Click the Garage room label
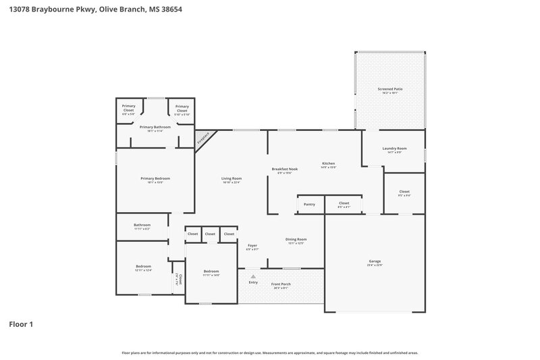[375, 261]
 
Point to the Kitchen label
[328, 163]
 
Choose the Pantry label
[309, 203]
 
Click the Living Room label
[232, 178]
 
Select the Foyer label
[252, 245]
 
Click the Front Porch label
[281, 284]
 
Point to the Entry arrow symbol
[253, 276]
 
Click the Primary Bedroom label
[155, 178]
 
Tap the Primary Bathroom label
[155, 127]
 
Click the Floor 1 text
[21, 324]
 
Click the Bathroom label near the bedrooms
[142, 225]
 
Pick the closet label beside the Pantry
[344, 203]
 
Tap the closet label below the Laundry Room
[404, 192]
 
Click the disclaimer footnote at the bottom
[270, 353]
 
